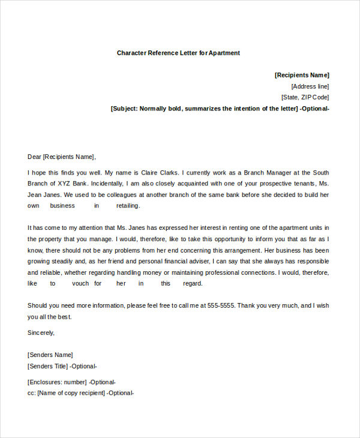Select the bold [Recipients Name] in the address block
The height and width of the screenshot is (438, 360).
[x=302, y=75]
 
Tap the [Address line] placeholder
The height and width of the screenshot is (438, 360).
[x=310, y=86]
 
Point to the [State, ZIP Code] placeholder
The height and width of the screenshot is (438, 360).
[x=305, y=97]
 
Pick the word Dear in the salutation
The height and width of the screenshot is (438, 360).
[x=34, y=157]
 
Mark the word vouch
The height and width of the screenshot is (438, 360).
[x=80, y=283]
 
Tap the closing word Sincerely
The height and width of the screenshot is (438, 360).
[x=41, y=332]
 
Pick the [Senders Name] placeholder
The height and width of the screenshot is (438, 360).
[x=50, y=355]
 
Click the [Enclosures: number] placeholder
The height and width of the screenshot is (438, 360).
[x=57, y=382]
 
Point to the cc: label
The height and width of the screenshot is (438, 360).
[x=32, y=393]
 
